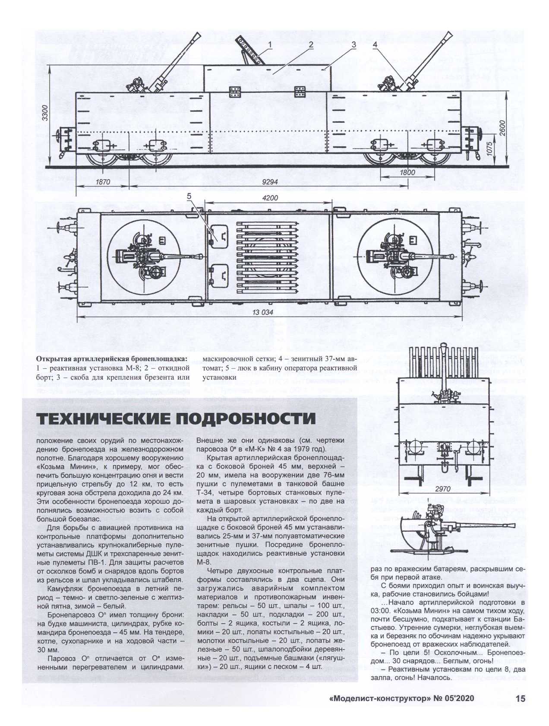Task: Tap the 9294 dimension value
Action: click(x=270, y=183)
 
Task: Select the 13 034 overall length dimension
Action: click(x=263, y=313)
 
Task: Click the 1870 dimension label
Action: click(x=101, y=183)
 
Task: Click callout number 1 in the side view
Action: click(x=270, y=44)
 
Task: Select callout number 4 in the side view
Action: click(x=375, y=44)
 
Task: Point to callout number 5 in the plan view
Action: click(x=189, y=196)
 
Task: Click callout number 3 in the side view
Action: click(x=353, y=44)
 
